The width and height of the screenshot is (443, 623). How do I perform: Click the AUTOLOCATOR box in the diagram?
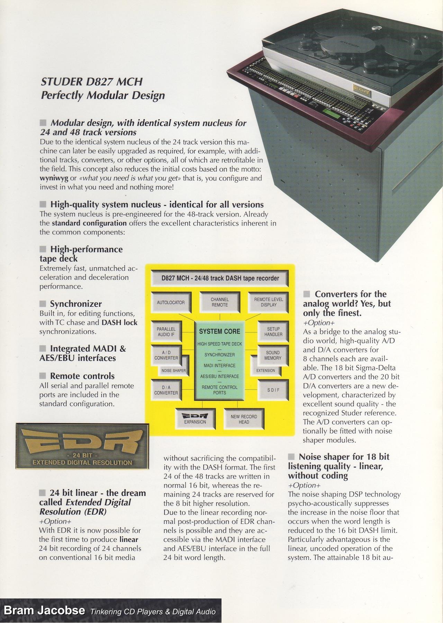[171, 303]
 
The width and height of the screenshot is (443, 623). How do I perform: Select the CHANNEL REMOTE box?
[219, 302]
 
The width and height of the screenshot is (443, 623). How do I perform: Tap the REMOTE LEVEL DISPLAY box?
[269, 302]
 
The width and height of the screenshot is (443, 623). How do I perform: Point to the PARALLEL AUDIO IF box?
[166, 332]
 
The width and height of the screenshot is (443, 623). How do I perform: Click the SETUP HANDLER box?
[273, 332]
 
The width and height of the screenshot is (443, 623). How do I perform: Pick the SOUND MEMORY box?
[273, 355]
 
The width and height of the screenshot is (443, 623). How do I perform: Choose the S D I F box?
[273, 390]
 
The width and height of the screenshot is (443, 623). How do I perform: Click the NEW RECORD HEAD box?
[244, 419]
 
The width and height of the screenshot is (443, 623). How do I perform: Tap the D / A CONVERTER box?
[166, 390]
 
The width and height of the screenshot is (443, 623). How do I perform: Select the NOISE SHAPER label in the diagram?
[174, 371]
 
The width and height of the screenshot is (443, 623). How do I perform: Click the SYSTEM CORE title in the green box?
[219, 331]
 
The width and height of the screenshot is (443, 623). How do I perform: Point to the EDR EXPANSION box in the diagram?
[195, 419]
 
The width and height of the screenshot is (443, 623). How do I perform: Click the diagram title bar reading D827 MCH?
[220, 278]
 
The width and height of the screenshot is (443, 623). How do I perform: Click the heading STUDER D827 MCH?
[92, 82]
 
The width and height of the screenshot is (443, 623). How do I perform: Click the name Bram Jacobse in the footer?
[44, 610]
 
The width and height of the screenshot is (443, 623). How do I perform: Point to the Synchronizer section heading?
[76, 304]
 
